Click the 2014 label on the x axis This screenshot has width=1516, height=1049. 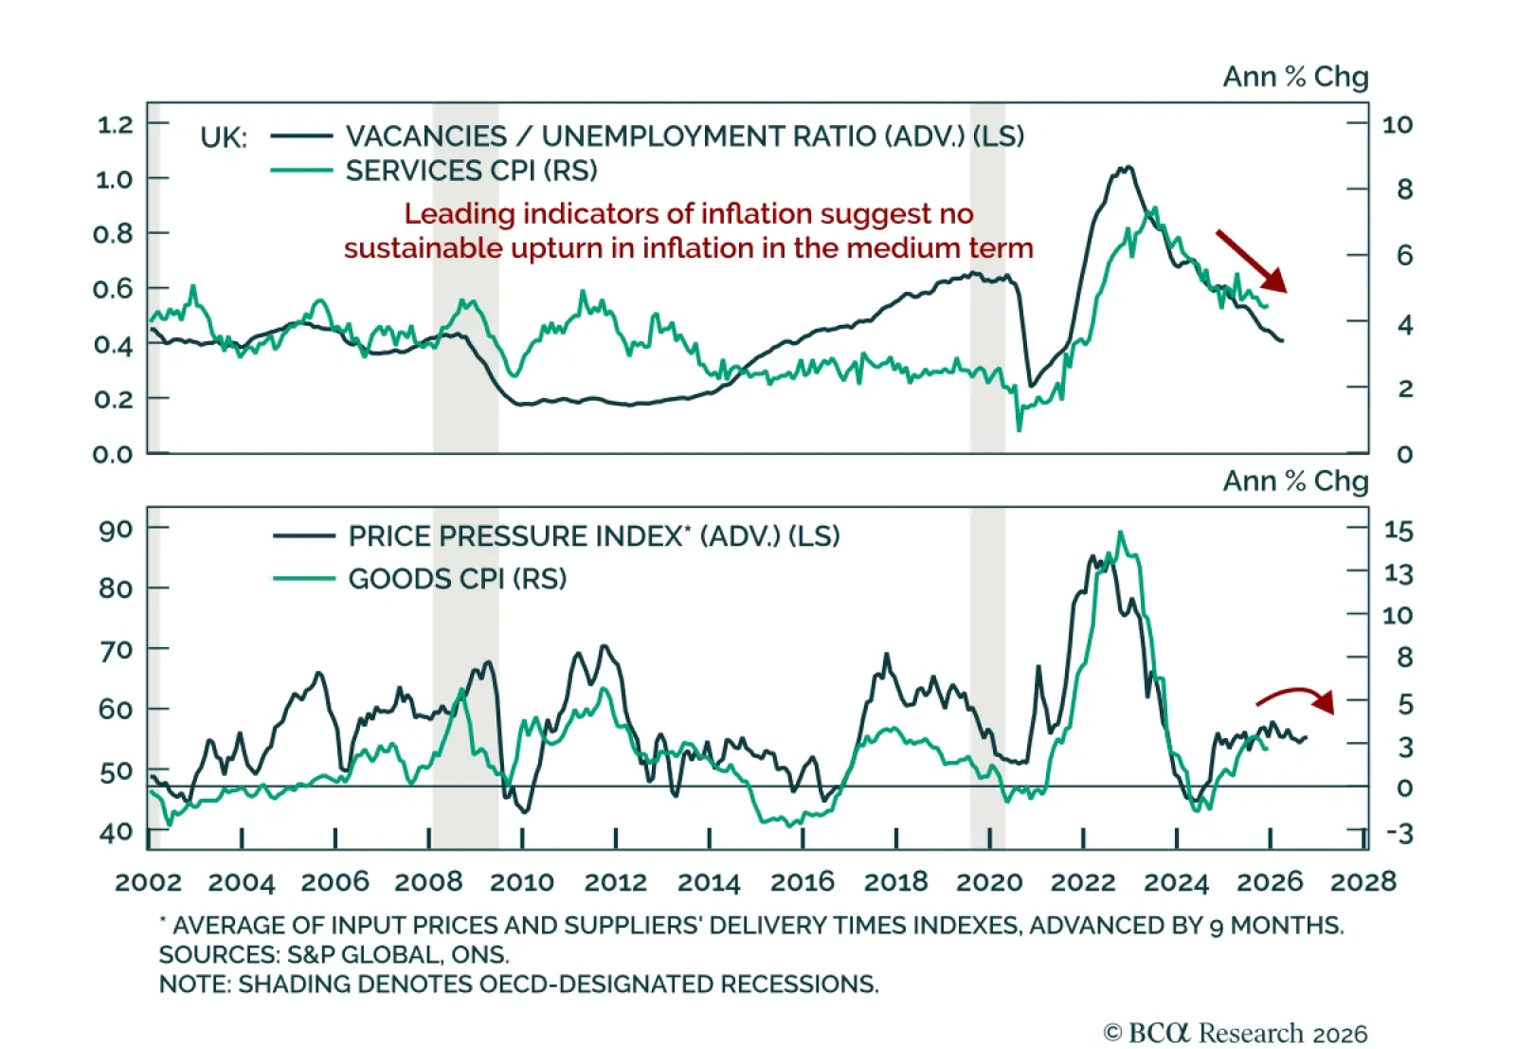(x=708, y=882)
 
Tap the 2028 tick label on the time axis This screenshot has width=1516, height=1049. (x=1363, y=882)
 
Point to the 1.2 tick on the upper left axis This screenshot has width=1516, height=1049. (x=115, y=124)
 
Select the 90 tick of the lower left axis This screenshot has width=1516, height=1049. (x=116, y=529)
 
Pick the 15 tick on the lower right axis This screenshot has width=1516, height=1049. (x=1398, y=531)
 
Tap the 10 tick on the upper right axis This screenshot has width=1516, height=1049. (x=1397, y=124)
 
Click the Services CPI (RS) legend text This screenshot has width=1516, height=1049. (x=471, y=172)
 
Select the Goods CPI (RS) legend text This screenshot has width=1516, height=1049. (x=457, y=579)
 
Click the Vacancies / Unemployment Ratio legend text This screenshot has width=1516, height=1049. (x=684, y=136)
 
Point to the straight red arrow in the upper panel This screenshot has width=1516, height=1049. (x=1251, y=260)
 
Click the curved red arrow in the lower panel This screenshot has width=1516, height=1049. (x=1294, y=698)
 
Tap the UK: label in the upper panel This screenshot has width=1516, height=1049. (x=224, y=138)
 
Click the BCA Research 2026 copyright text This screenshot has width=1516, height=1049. (x=1236, y=1033)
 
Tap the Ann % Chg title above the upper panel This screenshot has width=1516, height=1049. (x=1295, y=77)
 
